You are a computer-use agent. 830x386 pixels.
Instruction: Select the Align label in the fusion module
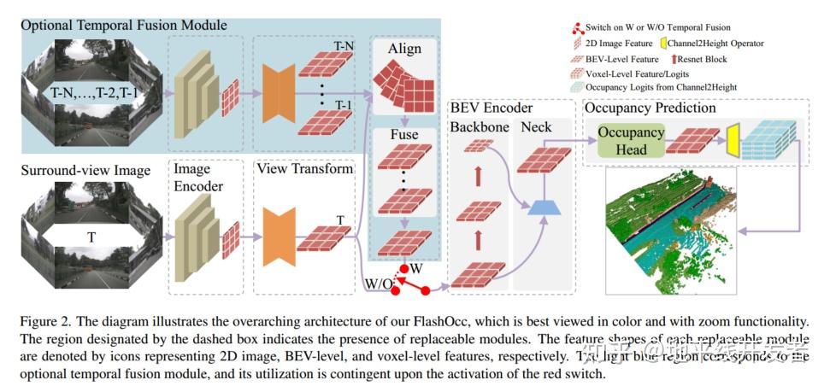[403, 49]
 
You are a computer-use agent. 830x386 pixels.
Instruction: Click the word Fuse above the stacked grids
[403, 136]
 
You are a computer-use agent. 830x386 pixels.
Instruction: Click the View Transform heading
[304, 168]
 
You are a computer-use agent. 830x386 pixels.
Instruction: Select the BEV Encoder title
[491, 108]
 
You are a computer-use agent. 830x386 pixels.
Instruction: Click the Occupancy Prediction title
[650, 108]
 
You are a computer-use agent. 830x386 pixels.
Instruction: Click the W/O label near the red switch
[377, 283]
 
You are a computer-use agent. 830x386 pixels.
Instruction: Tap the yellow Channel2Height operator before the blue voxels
[732, 139]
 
